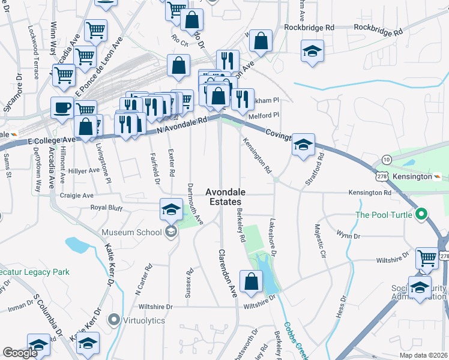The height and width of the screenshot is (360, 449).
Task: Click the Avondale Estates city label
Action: click(224, 197)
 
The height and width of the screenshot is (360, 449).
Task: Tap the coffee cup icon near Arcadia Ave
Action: click(62, 109)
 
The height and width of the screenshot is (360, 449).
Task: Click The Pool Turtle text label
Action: click(384, 215)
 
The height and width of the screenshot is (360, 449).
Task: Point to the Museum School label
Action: click(131, 232)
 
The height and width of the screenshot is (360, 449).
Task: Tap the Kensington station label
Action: click(412, 177)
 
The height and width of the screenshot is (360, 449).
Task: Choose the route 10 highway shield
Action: click(387, 159)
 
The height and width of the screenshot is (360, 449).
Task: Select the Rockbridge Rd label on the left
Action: click(309, 28)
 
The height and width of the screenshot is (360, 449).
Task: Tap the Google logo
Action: click(20, 353)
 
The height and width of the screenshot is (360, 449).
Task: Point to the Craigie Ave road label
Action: click(77, 196)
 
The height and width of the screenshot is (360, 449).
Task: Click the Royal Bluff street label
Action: click(106, 208)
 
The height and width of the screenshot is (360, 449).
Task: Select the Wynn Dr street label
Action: click(348, 235)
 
